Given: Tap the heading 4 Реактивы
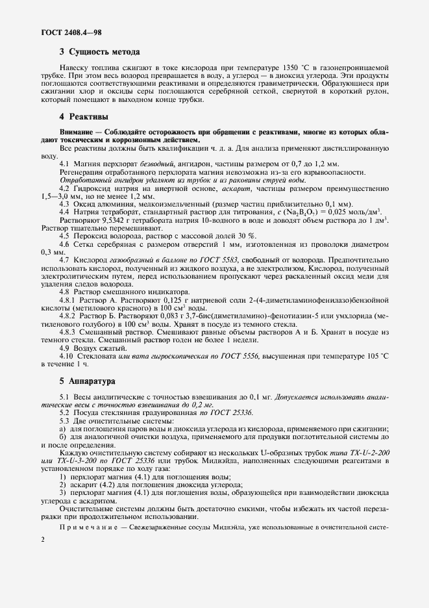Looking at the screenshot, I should pyautogui.click(x=84, y=116).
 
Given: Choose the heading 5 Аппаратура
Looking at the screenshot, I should pyautogui.click(x=87, y=381).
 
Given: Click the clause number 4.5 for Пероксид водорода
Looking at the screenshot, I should pyautogui.click(x=64, y=235).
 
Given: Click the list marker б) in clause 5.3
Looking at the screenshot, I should pyautogui.click(x=62, y=437).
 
